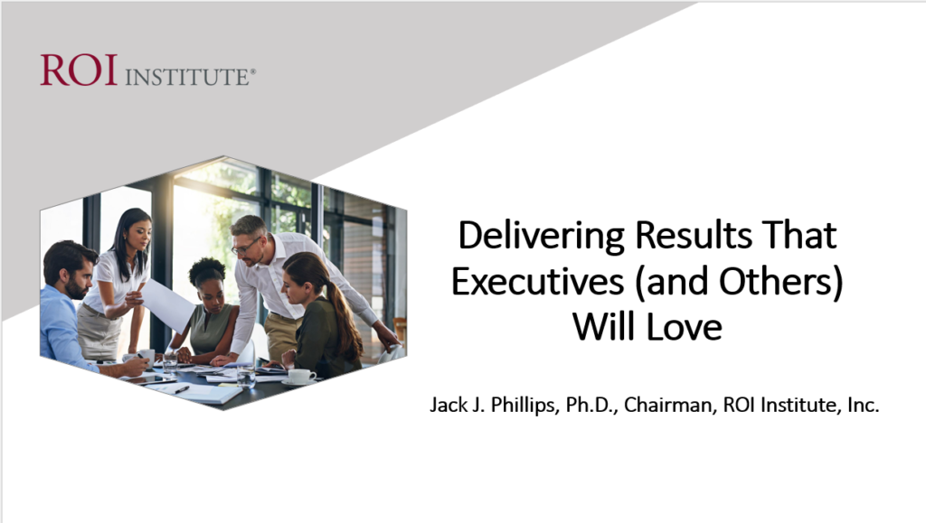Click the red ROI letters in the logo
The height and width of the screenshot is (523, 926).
(79, 70)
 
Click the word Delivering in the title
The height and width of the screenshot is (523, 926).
(541, 236)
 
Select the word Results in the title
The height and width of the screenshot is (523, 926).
(694, 235)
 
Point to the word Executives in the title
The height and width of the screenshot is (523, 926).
(538, 281)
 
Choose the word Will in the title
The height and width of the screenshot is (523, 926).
(607, 327)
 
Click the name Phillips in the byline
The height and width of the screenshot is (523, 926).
(525, 405)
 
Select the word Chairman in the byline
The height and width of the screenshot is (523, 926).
(668, 405)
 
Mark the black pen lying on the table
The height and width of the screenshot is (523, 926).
(182, 389)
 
